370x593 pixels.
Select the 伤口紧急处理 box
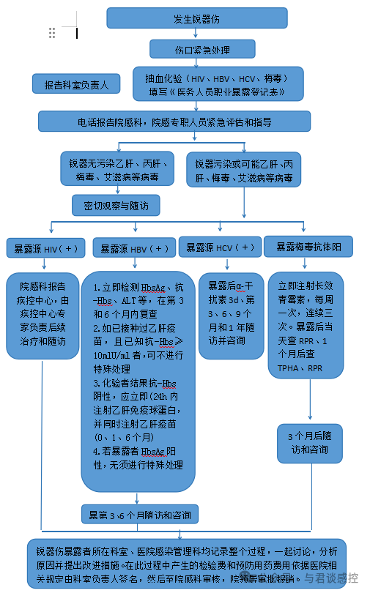[203, 50]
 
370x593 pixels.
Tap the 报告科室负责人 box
[75, 85]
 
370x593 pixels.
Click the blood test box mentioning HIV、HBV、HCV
[218, 84]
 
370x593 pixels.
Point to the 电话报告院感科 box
[174, 122]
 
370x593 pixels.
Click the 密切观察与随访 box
[116, 206]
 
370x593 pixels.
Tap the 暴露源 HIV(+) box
[45, 248]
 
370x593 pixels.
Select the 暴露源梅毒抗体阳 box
[308, 247]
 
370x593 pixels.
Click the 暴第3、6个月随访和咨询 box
[139, 515]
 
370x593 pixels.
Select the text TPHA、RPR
[299, 367]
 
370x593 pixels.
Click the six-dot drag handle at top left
[52, 32]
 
